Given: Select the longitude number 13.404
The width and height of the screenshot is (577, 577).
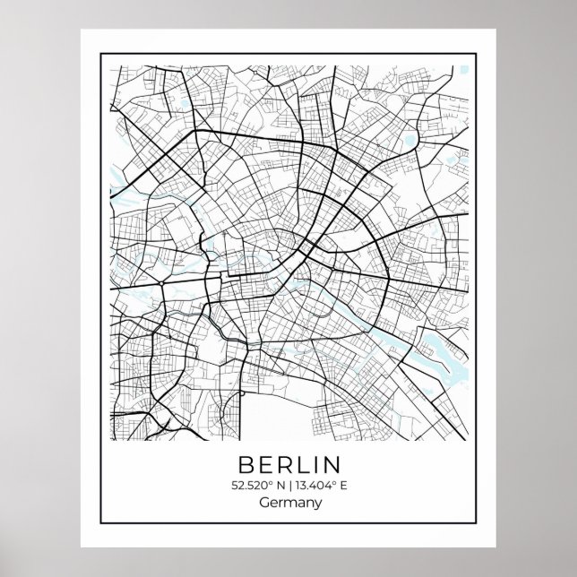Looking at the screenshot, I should point(311,486).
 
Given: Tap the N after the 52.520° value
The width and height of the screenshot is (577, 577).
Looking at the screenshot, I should point(277,486).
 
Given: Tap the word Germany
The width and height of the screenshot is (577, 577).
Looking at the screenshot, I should point(289,504).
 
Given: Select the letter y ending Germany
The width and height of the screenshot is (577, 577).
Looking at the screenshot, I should point(315,505).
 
